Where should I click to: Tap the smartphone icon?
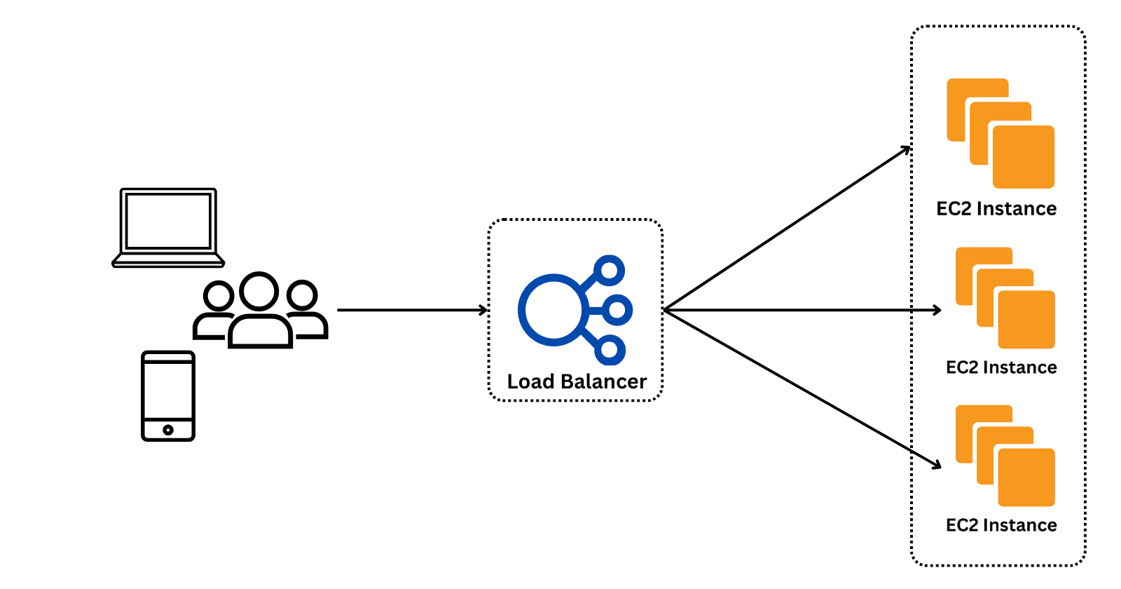pyautogui.click(x=168, y=395)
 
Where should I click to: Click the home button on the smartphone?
pyautogui.click(x=168, y=430)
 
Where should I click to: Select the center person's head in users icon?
pyautogui.click(x=259, y=291)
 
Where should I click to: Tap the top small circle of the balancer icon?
pyautogui.click(x=610, y=270)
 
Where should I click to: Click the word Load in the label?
pyautogui.click(x=530, y=381)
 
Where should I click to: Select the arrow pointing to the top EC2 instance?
pyautogui.click(x=785, y=229)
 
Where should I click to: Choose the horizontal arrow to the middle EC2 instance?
pyautogui.click(x=806, y=310)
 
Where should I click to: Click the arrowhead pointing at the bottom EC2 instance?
pyautogui.click(x=937, y=464)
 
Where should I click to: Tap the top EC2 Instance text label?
pyautogui.click(x=996, y=209)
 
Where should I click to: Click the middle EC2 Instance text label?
pyautogui.click(x=1001, y=367)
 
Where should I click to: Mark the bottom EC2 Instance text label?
pyautogui.click(x=1001, y=525)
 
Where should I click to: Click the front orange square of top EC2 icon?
pyautogui.click(x=1024, y=157)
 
